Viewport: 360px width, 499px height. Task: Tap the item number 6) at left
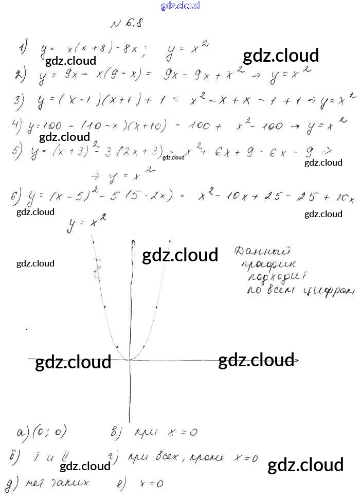pyautogui.click(x=16, y=197)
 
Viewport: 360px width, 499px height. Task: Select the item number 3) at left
pyautogui.click(x=20, y=101)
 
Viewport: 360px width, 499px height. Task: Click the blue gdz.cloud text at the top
pyautogui.click(x=180, y=6)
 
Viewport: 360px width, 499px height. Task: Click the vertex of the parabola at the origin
pyautogui.click(x=129, y=359)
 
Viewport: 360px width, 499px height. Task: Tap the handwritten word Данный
pyautogui.click(x=262, y=252)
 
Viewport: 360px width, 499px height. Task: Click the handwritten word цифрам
pyautogui.click(x=329, y=291)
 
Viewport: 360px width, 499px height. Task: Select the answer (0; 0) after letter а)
pyautogui.click(x=49, y=432)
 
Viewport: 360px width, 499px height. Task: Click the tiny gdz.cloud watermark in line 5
pyautogui.click(x=173, y=157)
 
